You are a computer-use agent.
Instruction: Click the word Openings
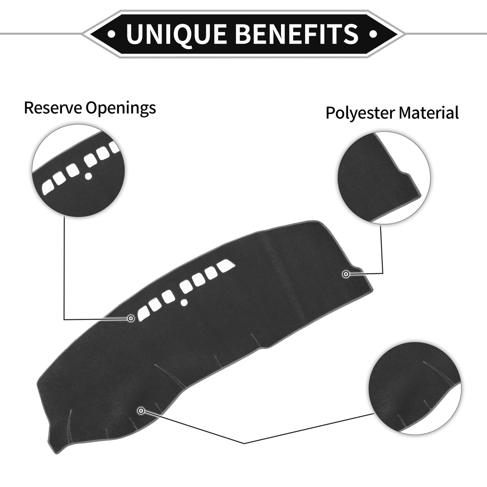tap(120, 109)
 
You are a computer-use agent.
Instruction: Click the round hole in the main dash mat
tap(184, 301)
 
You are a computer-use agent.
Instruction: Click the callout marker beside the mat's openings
tap(131, 318)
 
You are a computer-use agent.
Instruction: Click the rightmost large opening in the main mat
tap(227, 266)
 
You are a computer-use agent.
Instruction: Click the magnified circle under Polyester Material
tap(384, 178)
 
